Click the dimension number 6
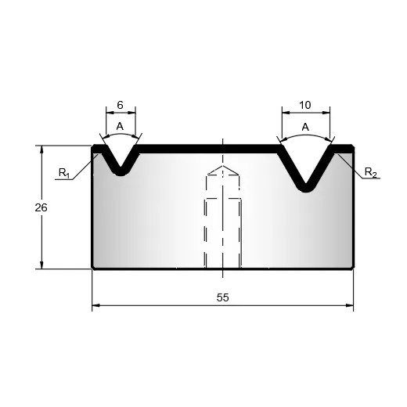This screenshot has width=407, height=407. [x=120, y=105]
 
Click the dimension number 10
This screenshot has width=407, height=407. [x=305, y=105]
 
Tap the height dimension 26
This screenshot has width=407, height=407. [x=41, y=207]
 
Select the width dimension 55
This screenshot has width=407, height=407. [x=223, y=297]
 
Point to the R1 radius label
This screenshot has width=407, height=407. [x=64, y=173]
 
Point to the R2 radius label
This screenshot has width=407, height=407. [x=370, y=172]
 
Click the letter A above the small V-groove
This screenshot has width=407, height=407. [x=120, y=127]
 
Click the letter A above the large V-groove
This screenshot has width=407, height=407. [x=305, y=128]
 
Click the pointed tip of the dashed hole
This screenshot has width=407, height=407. [x=222, y=166]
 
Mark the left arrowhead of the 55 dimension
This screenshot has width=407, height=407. [x=95, y=305]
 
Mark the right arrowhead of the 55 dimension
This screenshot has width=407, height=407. [x=350, y=305]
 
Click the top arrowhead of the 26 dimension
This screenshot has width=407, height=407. [x=41, y=149]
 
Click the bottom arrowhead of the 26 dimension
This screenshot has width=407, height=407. [x=41, y=265]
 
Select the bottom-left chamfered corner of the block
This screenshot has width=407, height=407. [x=92, y=268]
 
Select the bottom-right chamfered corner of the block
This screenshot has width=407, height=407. [x=353, y=268]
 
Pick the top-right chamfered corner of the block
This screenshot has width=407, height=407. [x=353, y=146]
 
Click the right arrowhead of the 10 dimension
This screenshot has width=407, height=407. [x=326, y=113]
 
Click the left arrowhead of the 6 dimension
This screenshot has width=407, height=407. [x=110, y=113]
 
